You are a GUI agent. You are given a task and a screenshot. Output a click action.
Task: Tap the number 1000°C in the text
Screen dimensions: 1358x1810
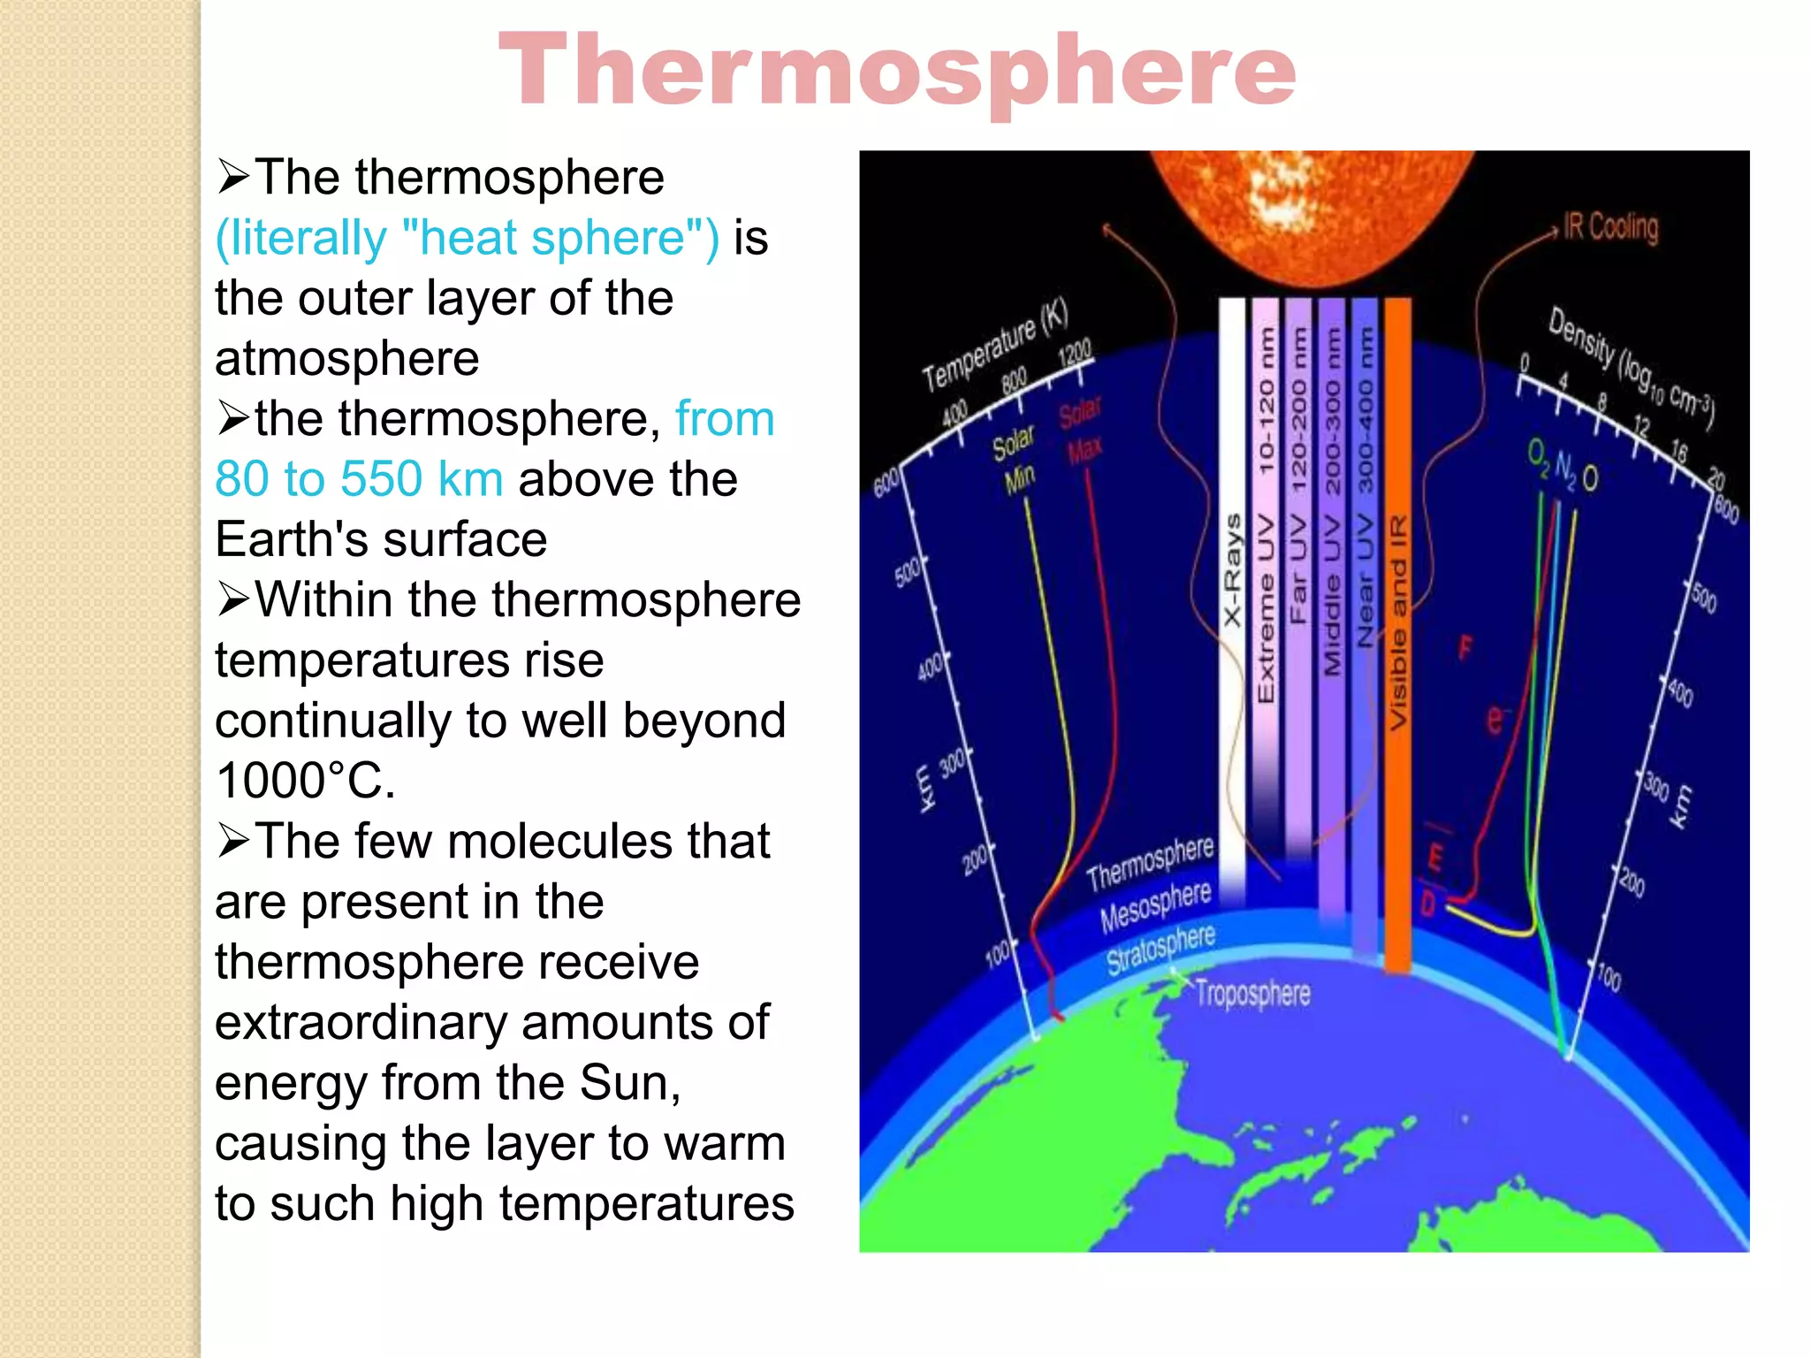(304, 782)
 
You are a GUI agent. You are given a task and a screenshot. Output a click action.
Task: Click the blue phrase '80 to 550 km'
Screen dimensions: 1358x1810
(359, 479)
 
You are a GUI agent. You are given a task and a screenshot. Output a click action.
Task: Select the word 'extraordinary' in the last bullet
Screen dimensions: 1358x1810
(361, 1023)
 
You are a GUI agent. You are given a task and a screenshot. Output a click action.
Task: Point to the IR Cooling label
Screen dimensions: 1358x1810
(1610, 227)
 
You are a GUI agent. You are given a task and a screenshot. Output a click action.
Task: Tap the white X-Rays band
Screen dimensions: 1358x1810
(1232, 575)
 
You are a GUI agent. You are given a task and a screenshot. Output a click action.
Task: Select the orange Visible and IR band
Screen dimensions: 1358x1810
(1397, 619)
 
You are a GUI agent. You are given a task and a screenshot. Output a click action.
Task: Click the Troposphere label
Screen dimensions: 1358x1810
(1252, 994)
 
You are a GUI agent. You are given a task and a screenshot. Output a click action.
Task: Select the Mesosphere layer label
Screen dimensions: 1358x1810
(1155, 906)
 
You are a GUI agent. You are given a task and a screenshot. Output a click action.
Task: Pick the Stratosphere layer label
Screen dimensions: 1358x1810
(1160, 949)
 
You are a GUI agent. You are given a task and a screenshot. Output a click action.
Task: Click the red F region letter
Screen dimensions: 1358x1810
(1465, 648)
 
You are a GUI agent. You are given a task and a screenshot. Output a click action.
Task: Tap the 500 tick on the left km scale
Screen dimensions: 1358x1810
(907, 573)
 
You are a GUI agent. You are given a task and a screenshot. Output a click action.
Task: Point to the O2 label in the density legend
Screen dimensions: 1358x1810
(1538, 457)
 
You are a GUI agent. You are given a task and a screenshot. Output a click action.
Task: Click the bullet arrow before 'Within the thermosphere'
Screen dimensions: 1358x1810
(233, 600)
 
